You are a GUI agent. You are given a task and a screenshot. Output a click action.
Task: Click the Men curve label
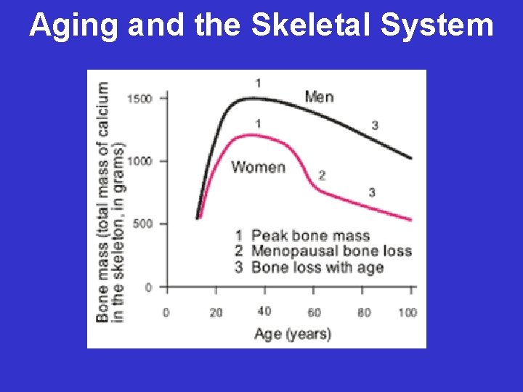click(320, 96)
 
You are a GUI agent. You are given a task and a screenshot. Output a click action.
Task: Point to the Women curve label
click(258, 167)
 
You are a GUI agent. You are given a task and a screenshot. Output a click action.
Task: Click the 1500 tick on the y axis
click(139, 98)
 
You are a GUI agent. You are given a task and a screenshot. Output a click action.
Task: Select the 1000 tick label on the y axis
click(139, 160)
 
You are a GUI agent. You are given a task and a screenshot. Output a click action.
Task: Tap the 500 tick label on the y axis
click(142, 224)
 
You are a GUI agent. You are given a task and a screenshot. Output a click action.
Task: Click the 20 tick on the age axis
click(216, 312)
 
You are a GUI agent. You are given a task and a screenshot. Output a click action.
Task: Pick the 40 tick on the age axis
click(264, 311)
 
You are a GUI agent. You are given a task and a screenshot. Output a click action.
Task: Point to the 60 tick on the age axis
click(313, 312)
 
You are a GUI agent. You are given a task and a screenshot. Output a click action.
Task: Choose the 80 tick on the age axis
click(364, 312)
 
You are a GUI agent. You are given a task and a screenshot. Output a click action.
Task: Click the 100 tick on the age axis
click(408, 312)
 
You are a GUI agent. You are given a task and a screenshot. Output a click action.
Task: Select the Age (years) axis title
click(292, 334)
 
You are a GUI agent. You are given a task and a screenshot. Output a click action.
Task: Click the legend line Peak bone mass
click(303, 235)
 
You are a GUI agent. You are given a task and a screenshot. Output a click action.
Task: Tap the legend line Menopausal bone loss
click(323, 251)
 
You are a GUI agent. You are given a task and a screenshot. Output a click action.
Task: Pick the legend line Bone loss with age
click(309, 267)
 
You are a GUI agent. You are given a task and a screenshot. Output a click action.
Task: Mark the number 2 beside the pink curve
click(322, 175)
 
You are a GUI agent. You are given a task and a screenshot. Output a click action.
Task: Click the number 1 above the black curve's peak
click(259, 83)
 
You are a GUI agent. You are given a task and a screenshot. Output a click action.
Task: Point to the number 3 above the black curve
click(375, 126)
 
